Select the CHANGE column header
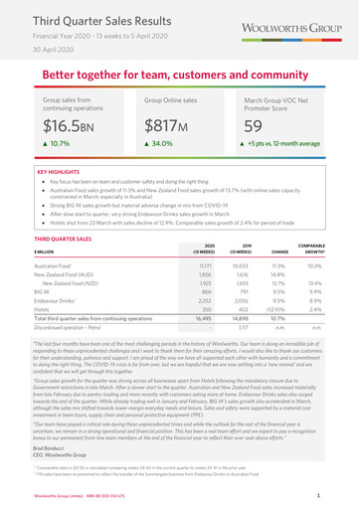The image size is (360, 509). (273, 253)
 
